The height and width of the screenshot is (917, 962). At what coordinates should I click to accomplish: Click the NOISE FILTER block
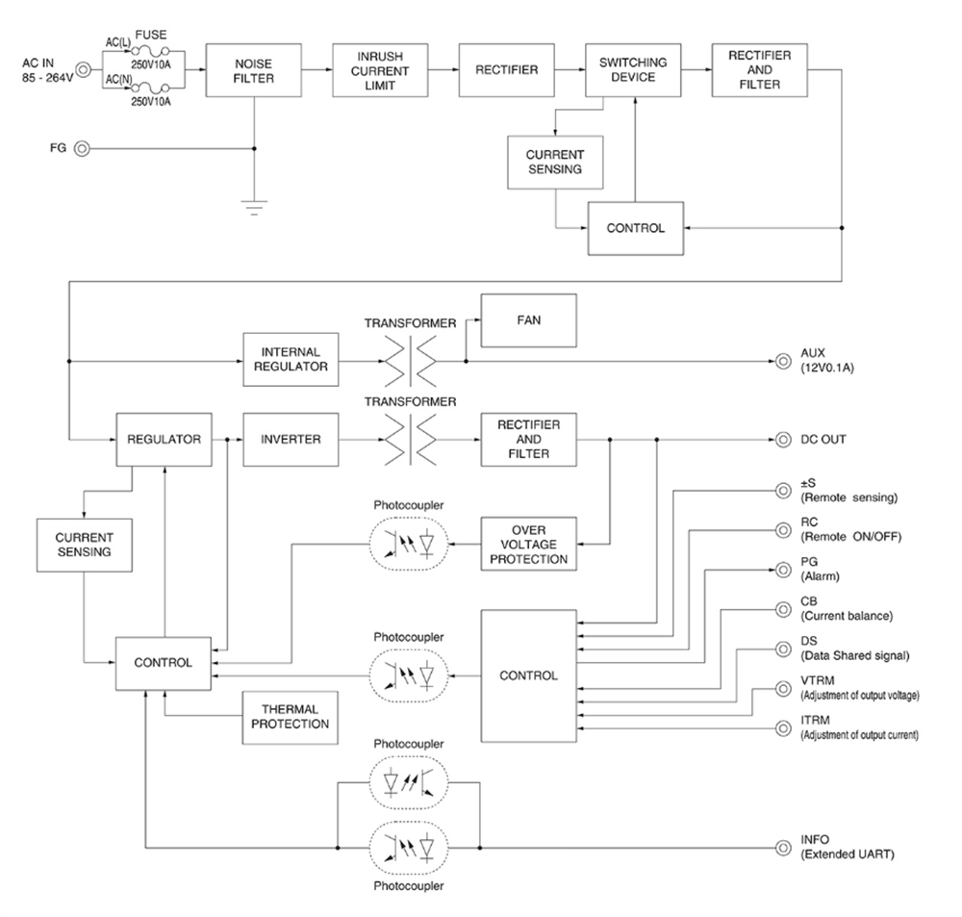(x=254, y=70)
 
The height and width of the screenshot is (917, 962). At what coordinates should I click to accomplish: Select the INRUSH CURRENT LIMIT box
(x=378, y=70)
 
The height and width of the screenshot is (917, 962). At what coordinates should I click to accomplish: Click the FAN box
(x=528, y=321)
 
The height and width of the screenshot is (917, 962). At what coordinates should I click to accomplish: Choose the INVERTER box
(x=291, y=440)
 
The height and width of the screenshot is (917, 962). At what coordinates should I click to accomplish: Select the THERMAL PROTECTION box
(x=291, y=717)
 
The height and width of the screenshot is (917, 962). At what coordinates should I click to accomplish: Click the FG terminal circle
(x=83, y=149)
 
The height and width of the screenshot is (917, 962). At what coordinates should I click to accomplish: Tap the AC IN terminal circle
(x=83, y=69)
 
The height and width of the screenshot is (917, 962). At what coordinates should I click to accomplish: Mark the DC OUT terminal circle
(x=784, y=440)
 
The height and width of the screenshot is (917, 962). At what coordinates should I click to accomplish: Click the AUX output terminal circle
(x=784, y=362)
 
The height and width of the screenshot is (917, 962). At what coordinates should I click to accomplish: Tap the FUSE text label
(x=151, y=36)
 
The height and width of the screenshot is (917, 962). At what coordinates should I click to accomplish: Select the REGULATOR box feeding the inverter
(x=164, y=440)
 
